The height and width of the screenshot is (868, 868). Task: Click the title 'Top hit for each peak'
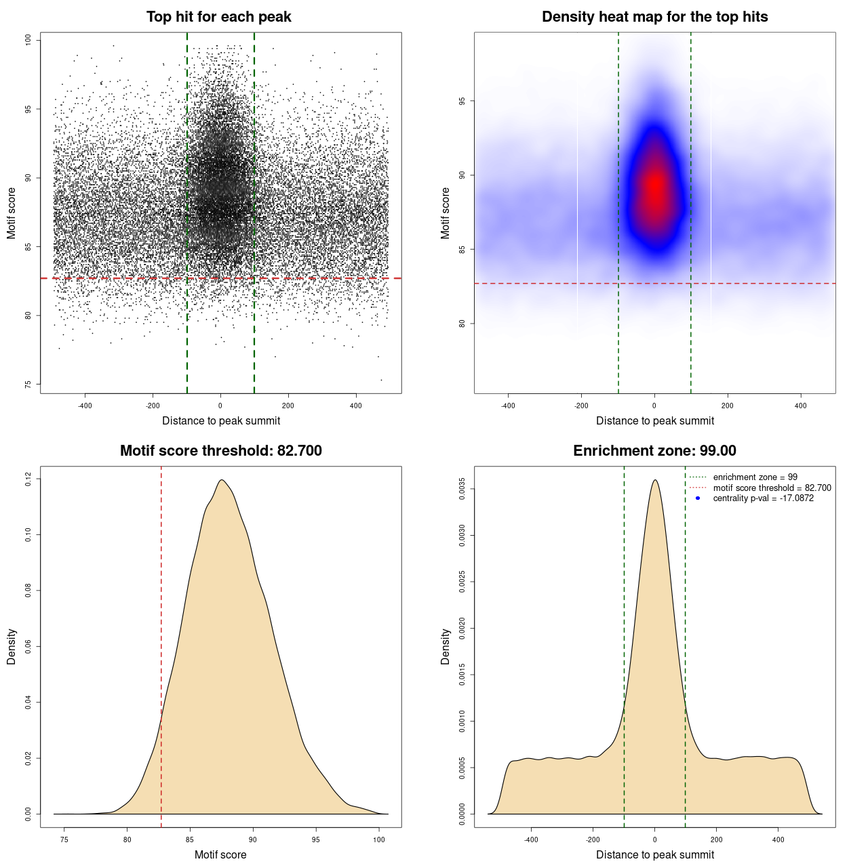pyautogui.click(x=218, y=17)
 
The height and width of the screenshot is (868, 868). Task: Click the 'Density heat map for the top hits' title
pyautogui.click(x=654, y=17)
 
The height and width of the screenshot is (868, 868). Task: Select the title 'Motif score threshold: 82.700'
pyautogui.click(x=220, y=451)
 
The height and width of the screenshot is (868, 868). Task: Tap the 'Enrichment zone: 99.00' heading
pyautogui.click(x=654, y=451)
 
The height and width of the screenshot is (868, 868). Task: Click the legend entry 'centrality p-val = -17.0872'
pyautogui.click(x=763, y=498)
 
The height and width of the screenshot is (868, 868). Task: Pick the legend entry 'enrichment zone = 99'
pyautogui.click(x=755, y=477)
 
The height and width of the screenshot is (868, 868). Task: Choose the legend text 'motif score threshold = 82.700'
pyautogui.click(x=772, y=488)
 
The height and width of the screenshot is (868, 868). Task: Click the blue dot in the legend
pyautogui.click(x=698, y=498)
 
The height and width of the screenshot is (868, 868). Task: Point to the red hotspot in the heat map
pyautogui.click(x=655, y=189)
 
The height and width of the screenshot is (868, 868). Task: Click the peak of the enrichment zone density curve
pyautogui.click(x=654, y=480)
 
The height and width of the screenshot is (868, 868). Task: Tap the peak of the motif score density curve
pyautogui.click(x=221, y=480)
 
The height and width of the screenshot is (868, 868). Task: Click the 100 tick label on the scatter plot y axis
pyautogui.click(x=28, y=40)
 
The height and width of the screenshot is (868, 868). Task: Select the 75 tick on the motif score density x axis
pyautogui.click(x=64, y=840)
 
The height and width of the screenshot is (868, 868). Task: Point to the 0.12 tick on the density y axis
pyautogui.click(x=28, y=479)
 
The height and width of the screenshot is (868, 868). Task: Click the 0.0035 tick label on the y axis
pyautogui.click(x=462, y=489)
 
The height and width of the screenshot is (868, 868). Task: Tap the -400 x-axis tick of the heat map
pyautogui.click(x=508, y=406)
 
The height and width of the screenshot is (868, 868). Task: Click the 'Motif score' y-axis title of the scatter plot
pyautogui.click(x=12, y=213)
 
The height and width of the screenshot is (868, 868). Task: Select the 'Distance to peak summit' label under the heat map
pyautogui.click(x=654, y=421)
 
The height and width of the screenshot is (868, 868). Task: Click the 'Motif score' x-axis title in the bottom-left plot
pyautogui.click(x=220, y=854)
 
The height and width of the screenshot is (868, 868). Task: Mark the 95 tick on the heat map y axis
pyautogui.click(x=462, y=101)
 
